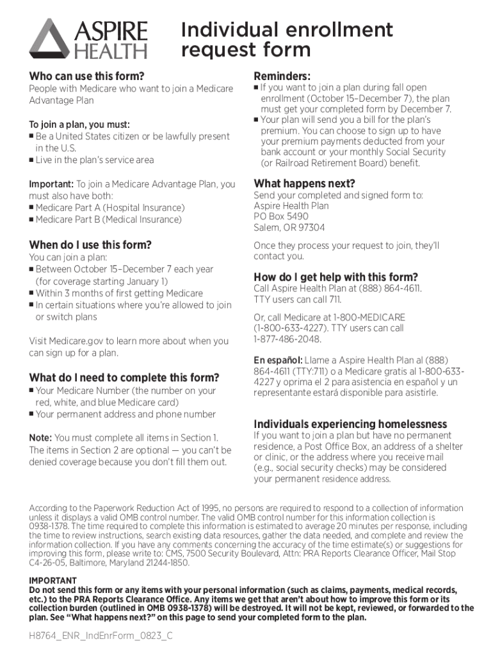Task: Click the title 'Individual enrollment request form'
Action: [287, 39]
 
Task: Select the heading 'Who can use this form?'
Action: [86, 75]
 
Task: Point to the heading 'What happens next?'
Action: [304, 183]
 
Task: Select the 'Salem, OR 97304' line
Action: [289, 228]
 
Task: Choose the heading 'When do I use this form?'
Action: [90, 244]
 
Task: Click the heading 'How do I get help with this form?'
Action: [335, 277]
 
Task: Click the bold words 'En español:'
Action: [278, 360]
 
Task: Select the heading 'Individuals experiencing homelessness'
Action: [350, 424]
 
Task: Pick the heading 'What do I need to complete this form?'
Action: [124, 377]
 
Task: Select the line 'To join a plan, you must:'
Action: [79, 124]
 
